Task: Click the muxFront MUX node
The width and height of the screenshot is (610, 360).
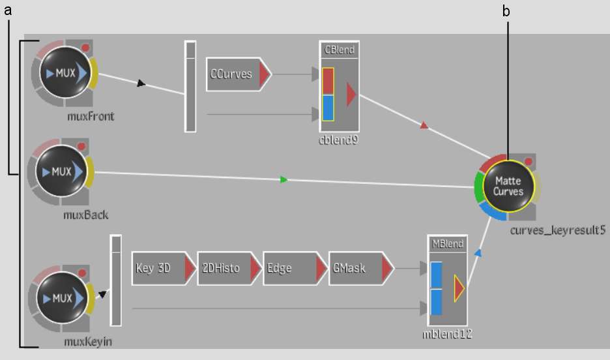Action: point(65,73)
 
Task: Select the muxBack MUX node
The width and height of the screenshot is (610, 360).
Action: point(61,172)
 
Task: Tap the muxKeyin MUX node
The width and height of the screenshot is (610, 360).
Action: point(63,298)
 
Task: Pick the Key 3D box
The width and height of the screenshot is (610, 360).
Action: point(164,268)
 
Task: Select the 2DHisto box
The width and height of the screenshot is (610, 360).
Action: point(229,268)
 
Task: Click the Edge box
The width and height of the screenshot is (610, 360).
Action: point(295,268)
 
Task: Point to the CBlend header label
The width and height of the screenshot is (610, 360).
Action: point(340,50)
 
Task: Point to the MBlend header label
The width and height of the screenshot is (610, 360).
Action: point(448,244)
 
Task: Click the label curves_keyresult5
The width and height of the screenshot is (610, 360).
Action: point(557,230)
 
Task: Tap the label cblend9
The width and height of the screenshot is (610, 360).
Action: point(338,140)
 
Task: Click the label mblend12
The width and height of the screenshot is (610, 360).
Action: point(447,333)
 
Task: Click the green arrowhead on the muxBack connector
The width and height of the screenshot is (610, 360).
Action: point(284,180)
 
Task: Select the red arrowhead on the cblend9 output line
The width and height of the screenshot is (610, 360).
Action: point(424,125)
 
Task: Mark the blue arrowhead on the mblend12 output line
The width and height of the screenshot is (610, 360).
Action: point(478,253)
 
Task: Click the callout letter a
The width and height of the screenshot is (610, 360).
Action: point(8,10)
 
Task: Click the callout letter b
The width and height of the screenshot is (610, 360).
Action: point(506,11)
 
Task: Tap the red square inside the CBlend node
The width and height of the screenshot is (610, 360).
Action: point(328,82)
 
